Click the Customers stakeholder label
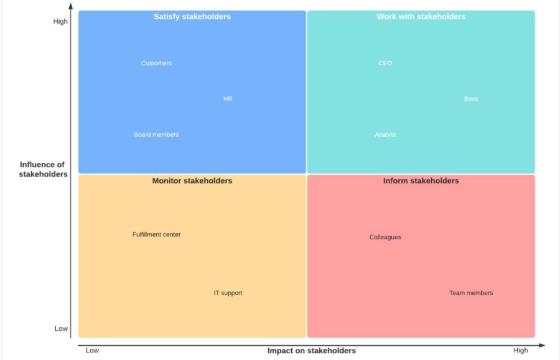pyautogui.click(x=156, y=63)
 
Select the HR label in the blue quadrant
pyautogui.click(x=228, y=99)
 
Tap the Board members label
pyautogui.click(x=156, y=135)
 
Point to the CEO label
pyautogui.click(x=385, y=63)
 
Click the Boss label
pyautogui.click(x=471, y=99)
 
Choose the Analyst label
pyautogui.click(x=385, y=135)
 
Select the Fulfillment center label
pyautogui.click(x=156, y=234)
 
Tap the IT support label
pyautogui.click(x=228, y=293)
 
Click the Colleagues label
pyautogui.click(x=385, y=237)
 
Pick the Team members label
pyautogui.click(x=471, y=293)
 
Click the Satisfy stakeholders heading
pyautogui.click(x=192, y=17)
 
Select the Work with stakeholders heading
pyautogui.click(x=421, y=17)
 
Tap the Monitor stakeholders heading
pyautogui.click(x=192, y=181)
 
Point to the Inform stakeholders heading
pyautogui.click(x=421, y=181)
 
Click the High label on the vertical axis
pyautogui.click(x=60, y=21)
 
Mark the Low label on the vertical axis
pyautogui.click(x=61, y=328)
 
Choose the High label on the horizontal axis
pyautogui.click(x=520, y=351)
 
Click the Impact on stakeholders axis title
pyautogui.click(x=312, y=351)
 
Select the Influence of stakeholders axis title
pyautogui.click(x=43, y=170)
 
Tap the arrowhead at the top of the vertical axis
pyautogui.click(x=71, y=6)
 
